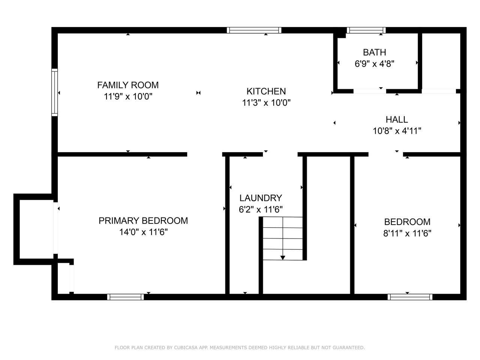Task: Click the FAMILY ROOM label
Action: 128,85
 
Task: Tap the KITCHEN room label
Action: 266,91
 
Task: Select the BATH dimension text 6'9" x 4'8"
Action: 374,64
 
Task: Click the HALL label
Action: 397,120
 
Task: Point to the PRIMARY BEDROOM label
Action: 143,220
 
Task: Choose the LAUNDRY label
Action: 261,198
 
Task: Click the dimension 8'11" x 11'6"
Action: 407,233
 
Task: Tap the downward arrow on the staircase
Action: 283,257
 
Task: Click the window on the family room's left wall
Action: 55,92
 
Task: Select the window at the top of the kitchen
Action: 254,30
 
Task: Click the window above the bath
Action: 366,30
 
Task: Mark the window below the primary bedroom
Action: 125,297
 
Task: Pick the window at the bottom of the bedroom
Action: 410,297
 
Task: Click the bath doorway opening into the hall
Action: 370,91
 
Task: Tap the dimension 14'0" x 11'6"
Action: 143,232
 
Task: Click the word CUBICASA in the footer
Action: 186,348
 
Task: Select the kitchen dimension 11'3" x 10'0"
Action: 266,103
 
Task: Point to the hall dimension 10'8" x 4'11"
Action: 397,131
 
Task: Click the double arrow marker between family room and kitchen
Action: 198,93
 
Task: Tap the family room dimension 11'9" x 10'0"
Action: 128,96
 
